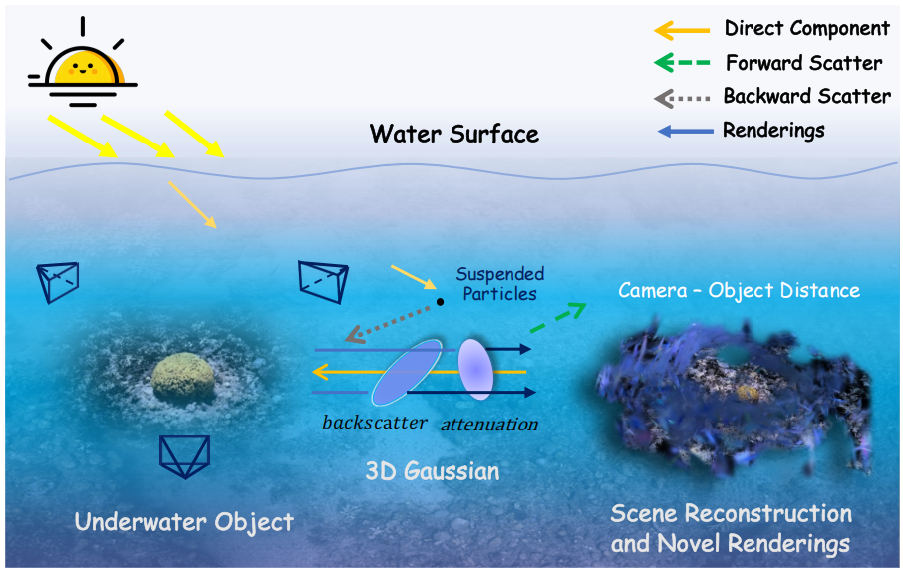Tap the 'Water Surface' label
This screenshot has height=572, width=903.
453,134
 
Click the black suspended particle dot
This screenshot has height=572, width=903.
440,301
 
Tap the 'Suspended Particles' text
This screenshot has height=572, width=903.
500,284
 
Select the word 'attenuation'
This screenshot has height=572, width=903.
487,423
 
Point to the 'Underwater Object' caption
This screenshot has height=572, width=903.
185,521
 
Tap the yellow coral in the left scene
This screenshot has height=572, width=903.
184,377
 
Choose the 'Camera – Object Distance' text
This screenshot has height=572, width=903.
739,291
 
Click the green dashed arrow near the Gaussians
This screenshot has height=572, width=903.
560,316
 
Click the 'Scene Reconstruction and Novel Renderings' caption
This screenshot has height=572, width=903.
731,528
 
